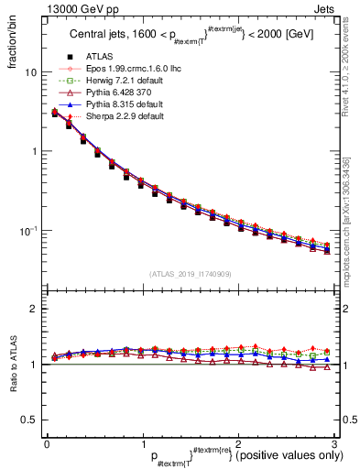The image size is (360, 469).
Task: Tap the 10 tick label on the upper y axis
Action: tap(30, 72)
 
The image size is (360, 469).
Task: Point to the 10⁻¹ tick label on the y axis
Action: tap(28, 231)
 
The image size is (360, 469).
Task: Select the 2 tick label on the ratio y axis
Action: tap(34, 310)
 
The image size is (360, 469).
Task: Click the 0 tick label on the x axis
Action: tap(47, 443)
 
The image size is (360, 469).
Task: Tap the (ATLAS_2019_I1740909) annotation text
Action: tap(189, 274)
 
